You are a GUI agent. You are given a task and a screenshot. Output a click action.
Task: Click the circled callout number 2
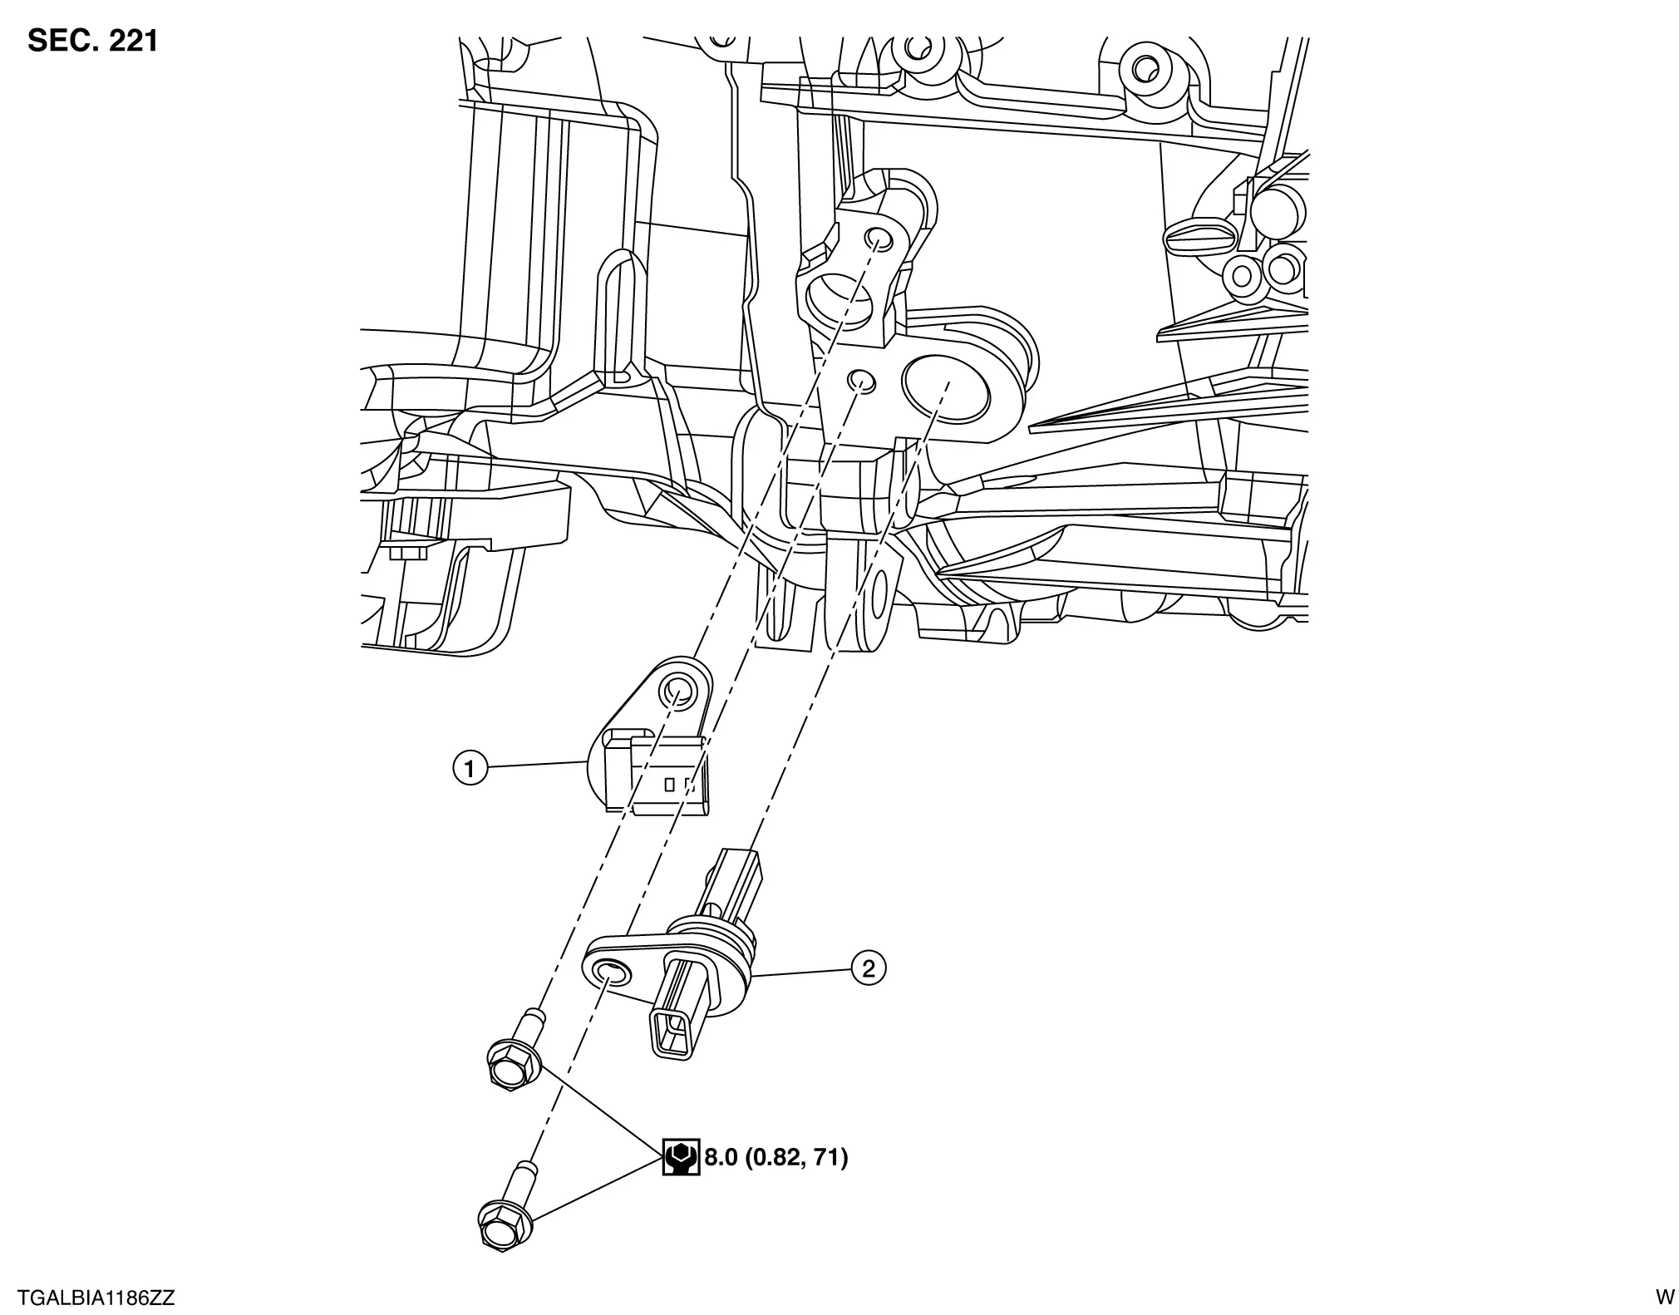click(x=869, y=968)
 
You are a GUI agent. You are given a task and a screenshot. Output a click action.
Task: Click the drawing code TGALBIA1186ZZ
click(x=96, y=1298)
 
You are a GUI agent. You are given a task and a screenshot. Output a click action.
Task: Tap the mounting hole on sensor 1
click(x=675, y=690)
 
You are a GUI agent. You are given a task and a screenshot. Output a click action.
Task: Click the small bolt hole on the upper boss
click(x=878, y=240)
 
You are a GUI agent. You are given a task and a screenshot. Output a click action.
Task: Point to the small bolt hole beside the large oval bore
click(x=860, y=381)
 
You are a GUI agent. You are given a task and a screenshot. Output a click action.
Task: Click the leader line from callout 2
click(x=801, y=971)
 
